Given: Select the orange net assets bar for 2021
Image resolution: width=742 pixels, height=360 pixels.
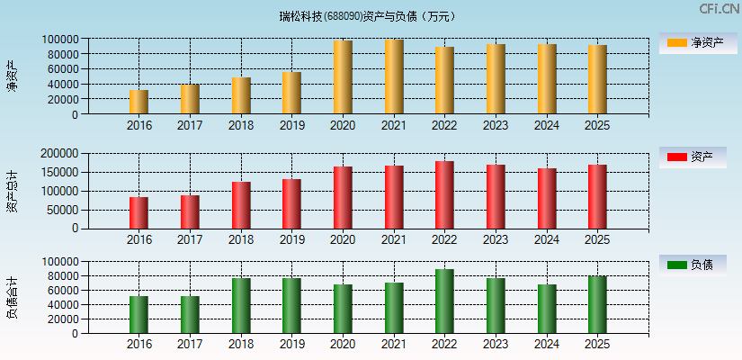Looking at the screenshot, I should click(394, 76).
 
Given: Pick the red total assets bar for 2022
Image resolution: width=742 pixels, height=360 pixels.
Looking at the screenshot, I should click(444, 194).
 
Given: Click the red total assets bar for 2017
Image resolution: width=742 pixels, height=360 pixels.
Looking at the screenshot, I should click(190, 211).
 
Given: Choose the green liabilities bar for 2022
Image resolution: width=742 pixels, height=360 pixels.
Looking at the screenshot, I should click(444, 301).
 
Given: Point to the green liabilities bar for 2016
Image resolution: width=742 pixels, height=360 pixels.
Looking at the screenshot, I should click(139, 314).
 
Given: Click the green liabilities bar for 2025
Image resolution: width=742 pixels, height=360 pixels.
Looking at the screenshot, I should click(597, 304).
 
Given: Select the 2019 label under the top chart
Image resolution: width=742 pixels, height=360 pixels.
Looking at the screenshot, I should click(291, 125).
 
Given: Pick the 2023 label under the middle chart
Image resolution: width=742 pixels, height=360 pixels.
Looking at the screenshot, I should click(496, 239).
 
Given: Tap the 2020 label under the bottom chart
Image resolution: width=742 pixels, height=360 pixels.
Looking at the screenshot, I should click(343, 344).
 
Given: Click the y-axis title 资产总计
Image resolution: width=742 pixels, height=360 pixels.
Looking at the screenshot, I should click(12, 190).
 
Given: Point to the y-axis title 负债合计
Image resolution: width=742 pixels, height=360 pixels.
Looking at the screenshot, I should click(12, 297).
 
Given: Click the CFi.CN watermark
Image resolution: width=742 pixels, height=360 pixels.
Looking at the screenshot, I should click(719, 9).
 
